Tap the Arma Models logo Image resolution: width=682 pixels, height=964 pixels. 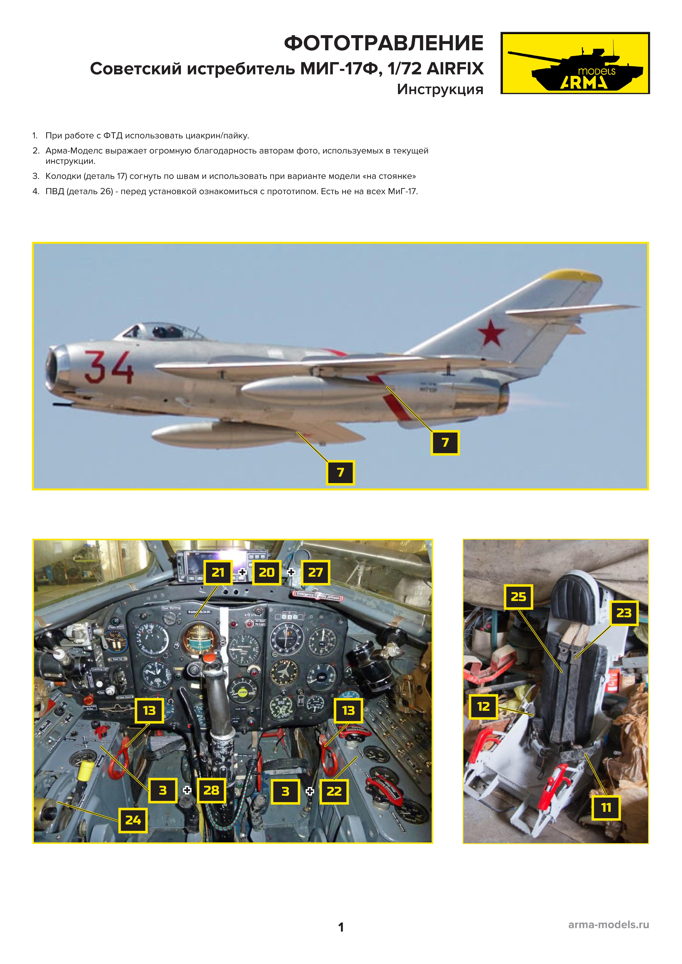tap(575, 63)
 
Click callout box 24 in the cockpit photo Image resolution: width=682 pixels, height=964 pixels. tap(133, 820)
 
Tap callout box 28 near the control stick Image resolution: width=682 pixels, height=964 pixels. tap(211, 791)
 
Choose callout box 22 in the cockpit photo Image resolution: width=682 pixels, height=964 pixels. tap(334, 791)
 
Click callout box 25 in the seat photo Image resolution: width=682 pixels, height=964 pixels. tap(518, 597)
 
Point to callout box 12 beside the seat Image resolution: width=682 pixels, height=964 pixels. tap(483, 707)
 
